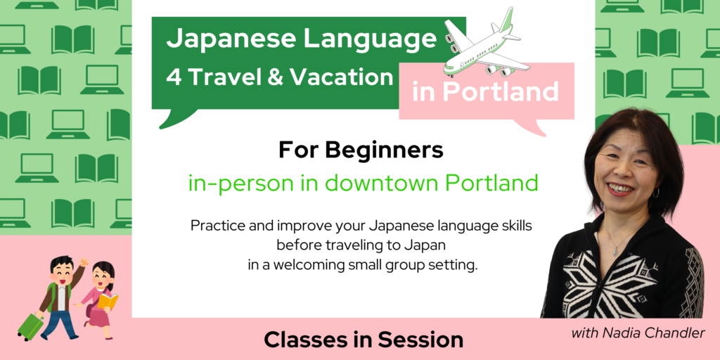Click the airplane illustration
pos(487,44)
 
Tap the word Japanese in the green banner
pos(231,39)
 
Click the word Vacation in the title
pos(348,77)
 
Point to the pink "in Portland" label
pos(485,92)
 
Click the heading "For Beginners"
pos(361,151)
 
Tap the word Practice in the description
pos(215,226)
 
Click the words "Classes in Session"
pos(364,340)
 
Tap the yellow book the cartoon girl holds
pos(108,301)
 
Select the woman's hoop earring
pos(655,193)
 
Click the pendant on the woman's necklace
pos(617,250)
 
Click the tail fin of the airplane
pos(506,19)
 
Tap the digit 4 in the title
pos(174,77)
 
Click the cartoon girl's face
pos(101,277)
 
